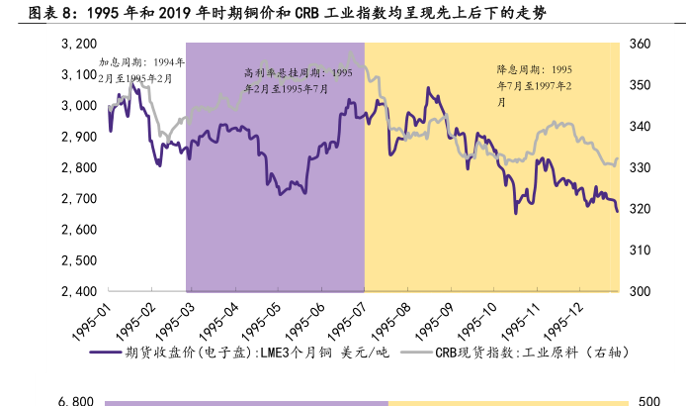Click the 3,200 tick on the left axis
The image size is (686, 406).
coord(77,45)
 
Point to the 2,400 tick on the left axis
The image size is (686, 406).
coord(77,291)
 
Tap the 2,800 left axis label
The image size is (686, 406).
coord(77,168)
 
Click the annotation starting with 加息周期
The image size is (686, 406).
coord(141,69)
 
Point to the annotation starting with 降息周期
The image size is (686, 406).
coord(534,85)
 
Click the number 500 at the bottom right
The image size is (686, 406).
coord(648,401)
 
